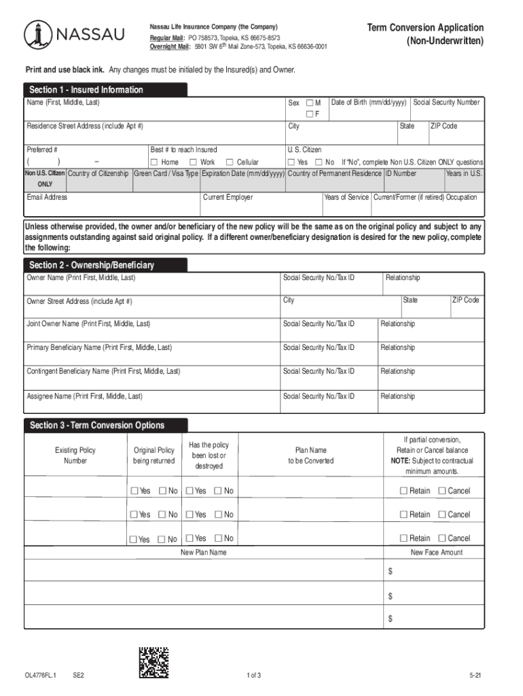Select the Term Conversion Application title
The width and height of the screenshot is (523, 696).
click(x=425, y=28)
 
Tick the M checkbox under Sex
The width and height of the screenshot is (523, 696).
click(x=309, y=103)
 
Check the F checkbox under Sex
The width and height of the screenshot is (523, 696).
click(x=309, y=114)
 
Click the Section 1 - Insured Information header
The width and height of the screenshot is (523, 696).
click(x=86, y=90)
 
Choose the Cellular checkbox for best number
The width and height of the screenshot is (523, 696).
click(x=230, y=162)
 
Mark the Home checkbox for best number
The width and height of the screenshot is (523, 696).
click(x=154, y=162)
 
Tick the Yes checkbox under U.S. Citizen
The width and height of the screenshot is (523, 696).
click(x=291, y=162)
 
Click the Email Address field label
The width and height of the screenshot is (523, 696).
click(x=47, y=197)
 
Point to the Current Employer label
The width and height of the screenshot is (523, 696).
click(x=228, y=197)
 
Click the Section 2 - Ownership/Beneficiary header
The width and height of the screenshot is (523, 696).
click(x=91, y=264)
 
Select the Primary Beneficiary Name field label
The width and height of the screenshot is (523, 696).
click(x=99, y=347)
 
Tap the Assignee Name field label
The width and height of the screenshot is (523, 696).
click(x=84, y=396)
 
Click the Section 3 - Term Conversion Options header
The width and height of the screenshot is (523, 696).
click(x=96, y=425)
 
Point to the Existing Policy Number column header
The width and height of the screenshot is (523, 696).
click(x=75, y=455)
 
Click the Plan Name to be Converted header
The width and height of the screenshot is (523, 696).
click(x=310, y=455)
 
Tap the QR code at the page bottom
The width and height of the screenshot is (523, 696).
click(x=154, y=663)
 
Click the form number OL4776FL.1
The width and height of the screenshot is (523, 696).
click(x=40, y=675)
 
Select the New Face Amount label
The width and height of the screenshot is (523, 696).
click(x=437, y=553)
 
